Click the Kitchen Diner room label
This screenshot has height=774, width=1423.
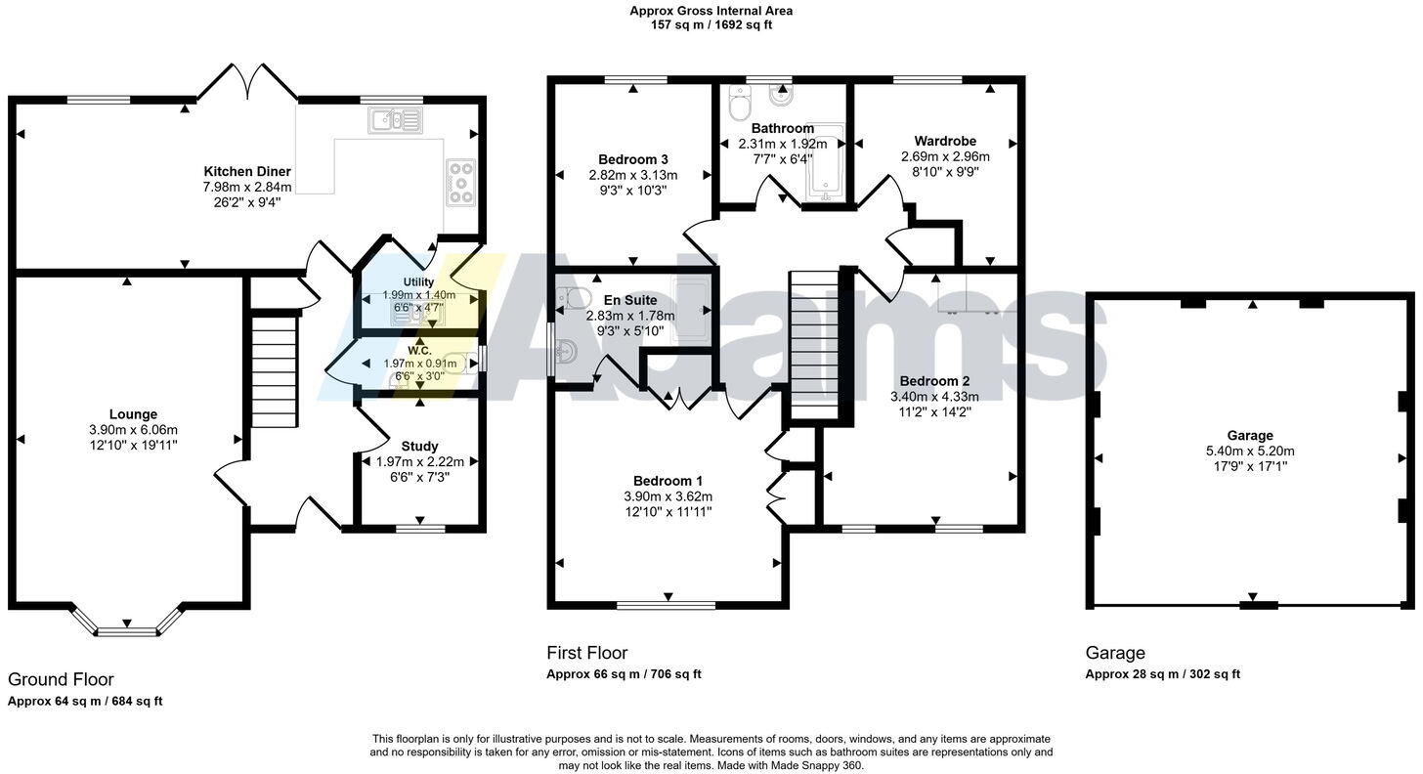247,171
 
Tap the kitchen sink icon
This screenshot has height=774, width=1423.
395,120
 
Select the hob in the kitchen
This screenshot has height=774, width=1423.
460,183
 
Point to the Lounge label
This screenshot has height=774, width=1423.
133,414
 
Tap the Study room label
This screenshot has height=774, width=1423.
419,446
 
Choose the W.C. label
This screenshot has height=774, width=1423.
419,349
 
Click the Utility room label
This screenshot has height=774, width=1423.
418,281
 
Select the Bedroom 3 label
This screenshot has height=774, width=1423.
633,159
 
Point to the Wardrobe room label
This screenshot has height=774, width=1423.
945,141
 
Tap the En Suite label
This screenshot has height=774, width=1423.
630,300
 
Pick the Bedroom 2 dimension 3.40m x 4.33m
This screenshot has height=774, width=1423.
934,397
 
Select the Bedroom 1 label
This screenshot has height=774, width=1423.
668,481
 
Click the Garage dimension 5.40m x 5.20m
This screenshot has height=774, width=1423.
1250,451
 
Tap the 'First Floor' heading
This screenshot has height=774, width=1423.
586,653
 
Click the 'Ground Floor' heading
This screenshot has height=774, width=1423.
61,679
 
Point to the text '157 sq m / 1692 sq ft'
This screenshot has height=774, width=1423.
711,25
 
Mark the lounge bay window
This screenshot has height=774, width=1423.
127,625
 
